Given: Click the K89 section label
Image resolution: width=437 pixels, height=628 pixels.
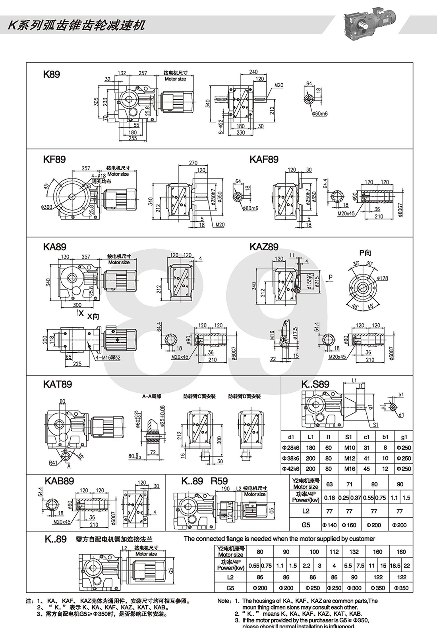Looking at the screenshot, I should [52, 74].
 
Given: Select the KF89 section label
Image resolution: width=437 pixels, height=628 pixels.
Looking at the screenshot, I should [54, 159].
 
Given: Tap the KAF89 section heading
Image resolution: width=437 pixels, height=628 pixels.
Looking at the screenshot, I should [264, 159].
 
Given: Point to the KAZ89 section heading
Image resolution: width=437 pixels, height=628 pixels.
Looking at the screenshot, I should [264, 247].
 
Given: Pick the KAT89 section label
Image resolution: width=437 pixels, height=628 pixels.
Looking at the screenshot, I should [58, 384].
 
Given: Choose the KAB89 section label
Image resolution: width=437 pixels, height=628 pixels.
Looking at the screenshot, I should [59, 481].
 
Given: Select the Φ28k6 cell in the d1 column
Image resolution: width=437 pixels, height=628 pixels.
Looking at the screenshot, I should [291, 447].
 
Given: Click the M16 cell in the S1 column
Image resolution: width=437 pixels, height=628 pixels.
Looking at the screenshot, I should [348, 469].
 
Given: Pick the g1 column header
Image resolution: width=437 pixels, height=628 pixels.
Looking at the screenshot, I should [404, 437].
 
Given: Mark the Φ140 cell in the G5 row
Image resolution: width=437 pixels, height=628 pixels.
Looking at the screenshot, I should [329, 525].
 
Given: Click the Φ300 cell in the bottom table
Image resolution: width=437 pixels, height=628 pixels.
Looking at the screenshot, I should [354, 588].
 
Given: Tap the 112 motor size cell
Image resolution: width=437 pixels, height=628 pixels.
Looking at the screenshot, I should [334, 552].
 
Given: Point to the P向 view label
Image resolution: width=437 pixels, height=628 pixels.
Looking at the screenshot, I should [365, 253].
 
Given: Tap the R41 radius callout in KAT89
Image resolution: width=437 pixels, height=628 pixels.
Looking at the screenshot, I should [54, 463].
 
